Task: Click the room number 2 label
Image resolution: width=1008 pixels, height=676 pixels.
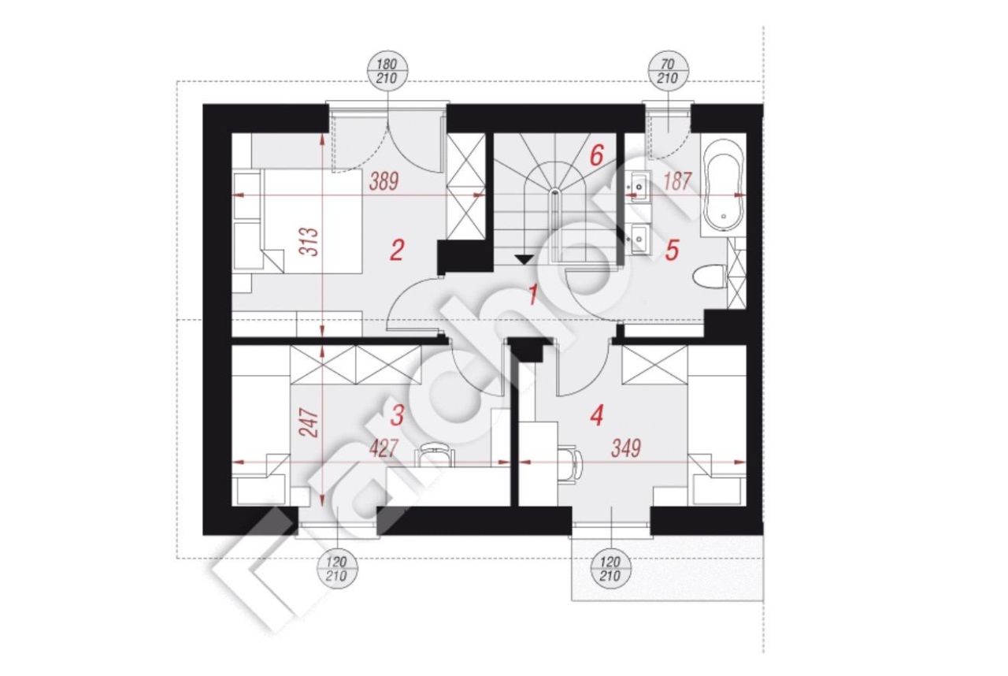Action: coord(396,251)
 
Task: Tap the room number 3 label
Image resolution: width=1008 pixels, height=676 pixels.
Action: coord(397,415)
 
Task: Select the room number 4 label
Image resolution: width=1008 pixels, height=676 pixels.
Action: coord(596,415)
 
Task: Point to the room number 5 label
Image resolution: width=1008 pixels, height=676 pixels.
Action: coord(672,251)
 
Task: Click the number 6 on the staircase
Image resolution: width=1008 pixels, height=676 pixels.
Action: coord(596,156)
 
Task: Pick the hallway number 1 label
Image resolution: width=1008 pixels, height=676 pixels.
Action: coord(533,295)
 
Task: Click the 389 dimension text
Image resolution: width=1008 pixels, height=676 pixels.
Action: coord(384,182)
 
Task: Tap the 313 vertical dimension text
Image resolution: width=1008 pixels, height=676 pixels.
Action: coord(310,242)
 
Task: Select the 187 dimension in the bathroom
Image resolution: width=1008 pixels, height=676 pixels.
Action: coord(677,182)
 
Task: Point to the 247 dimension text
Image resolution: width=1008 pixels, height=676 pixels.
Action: coord(310,422)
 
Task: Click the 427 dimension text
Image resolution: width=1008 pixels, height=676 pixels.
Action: coord(384,448)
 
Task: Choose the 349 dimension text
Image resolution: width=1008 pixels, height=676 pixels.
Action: coord(626,448)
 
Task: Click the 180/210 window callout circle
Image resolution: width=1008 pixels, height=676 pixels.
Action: coord(388,71)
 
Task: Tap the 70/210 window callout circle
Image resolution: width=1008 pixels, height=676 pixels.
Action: coord(668,71)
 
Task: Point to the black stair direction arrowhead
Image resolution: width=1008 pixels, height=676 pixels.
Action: coord(524,259)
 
